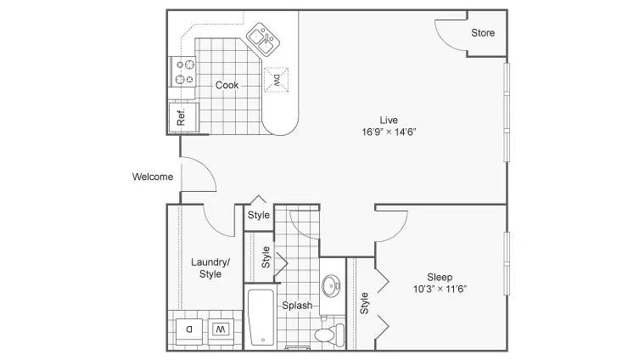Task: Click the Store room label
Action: (x=483, y=33)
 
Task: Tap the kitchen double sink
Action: (x=263, y=40)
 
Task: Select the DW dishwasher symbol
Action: (x=276, y=80)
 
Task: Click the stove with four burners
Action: (x=183, y=72)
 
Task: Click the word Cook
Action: (x=227, y=85)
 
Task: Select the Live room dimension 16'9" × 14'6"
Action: (x=389, y=132)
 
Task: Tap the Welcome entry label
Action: (x=153, y=177)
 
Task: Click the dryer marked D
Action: (x=189, y=329)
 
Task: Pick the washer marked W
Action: (x=221, y=329)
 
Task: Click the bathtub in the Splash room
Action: (x=261, y=318)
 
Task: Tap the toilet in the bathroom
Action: (x=329, y=335)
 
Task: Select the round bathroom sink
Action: (x=331, y=286)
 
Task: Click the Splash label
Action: (x=297, y=306)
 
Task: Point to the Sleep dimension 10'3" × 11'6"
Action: (x=440, y=289)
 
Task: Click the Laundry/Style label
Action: (x=210, y=267)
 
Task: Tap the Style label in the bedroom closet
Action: (x=364, y=303)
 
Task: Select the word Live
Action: (x=389, y=121)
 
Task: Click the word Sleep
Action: (x=440, y=278)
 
